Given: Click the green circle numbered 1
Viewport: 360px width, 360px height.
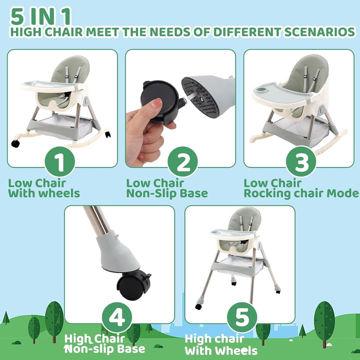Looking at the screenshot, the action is tap(60, 162).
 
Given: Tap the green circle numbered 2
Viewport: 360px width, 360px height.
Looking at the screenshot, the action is tap(183, 162).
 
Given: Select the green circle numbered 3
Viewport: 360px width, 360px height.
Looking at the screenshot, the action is tap(301, 162).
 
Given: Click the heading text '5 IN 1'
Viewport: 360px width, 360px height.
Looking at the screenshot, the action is tap(40, 16).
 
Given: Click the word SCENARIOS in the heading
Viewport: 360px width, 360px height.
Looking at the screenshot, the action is tap(319, 32).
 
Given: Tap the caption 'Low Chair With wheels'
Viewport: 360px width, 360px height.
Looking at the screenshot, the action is tap(44, 188).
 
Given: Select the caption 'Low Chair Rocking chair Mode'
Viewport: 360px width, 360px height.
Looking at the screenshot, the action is tap(301, 188).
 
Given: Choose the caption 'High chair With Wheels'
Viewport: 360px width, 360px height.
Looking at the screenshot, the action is tap(221, 345).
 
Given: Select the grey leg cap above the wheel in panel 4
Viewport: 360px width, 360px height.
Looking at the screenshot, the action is tap(117, 252).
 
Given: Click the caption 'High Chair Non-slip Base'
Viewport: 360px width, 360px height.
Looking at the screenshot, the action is tap(105, 344).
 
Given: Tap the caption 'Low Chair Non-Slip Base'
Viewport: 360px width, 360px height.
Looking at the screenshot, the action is tap(167, 188).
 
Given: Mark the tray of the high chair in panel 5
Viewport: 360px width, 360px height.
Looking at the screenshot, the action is tap(233, 234).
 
